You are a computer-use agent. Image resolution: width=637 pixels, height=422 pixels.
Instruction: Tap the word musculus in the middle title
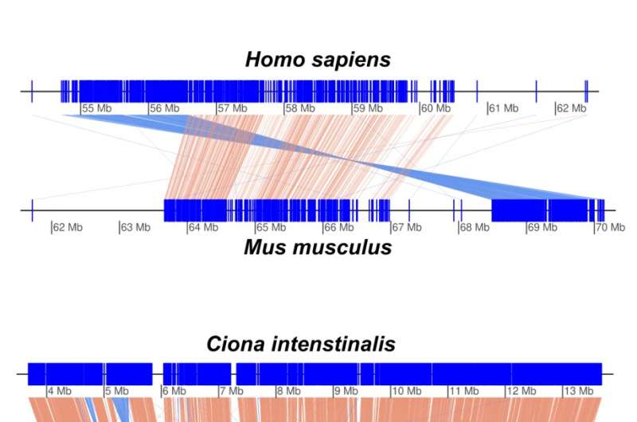(339, 247)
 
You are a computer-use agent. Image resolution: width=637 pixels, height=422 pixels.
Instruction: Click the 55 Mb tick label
(98, 108)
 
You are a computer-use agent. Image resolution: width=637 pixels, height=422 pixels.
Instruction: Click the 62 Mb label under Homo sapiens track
(572, 108)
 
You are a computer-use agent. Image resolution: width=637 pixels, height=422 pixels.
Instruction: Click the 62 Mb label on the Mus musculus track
(68, 228)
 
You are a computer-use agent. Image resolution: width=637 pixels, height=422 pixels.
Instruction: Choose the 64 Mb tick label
(203, 228)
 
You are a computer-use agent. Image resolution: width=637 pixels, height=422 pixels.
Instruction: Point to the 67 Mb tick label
(407, 228)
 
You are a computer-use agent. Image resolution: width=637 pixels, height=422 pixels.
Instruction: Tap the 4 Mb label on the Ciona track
(60, 391)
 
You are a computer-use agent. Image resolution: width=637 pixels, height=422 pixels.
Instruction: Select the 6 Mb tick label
(174, 391)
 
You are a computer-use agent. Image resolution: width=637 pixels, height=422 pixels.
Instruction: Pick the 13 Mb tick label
(578, 391)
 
